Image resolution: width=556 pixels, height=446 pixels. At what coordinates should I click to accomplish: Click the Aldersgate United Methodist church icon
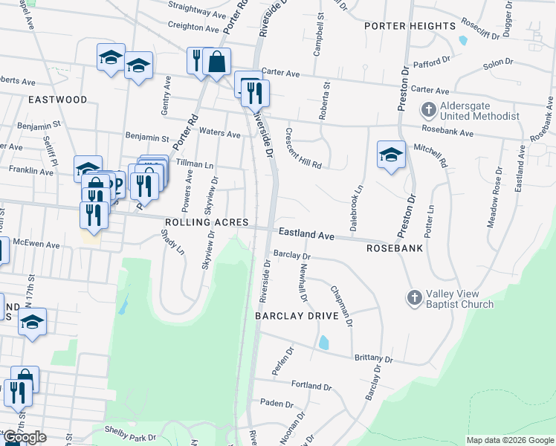coord(428,111)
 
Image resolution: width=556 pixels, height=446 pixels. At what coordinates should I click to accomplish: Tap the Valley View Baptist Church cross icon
coord(414,298)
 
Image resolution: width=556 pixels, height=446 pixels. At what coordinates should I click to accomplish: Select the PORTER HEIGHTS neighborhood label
coord(410,26)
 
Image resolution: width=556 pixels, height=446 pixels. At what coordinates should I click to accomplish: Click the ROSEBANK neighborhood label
coord(395,248)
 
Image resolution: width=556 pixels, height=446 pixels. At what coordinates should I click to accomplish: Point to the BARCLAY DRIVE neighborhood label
coord(297,316)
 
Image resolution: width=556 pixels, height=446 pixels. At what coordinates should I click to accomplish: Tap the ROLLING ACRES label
coord(198,222)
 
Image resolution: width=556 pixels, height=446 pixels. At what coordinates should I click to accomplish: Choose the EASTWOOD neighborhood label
coord(57,99)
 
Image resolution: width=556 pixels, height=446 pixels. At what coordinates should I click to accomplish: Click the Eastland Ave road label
coord(306,233)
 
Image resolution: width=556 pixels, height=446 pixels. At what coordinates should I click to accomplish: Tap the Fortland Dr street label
coord(311,387)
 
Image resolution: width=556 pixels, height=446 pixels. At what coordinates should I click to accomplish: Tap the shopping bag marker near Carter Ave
coord(216,62)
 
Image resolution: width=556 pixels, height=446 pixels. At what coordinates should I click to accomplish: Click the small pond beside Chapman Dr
coord(323,343)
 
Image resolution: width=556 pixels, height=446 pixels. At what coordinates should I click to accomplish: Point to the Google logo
coord(25,437)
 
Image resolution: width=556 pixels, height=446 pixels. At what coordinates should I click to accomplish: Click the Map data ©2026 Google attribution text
coord(510,440)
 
